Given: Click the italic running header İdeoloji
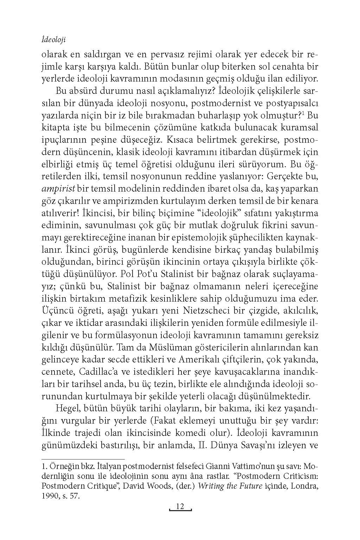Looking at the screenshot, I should point(54,40).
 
